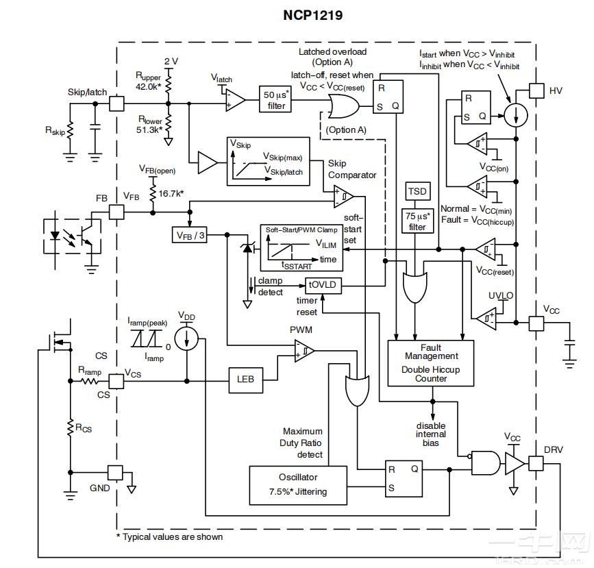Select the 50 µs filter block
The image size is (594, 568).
275,101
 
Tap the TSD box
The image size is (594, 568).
417,190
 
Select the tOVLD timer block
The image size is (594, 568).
319,284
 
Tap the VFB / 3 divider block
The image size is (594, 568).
189,235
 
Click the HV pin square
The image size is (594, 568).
537,90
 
